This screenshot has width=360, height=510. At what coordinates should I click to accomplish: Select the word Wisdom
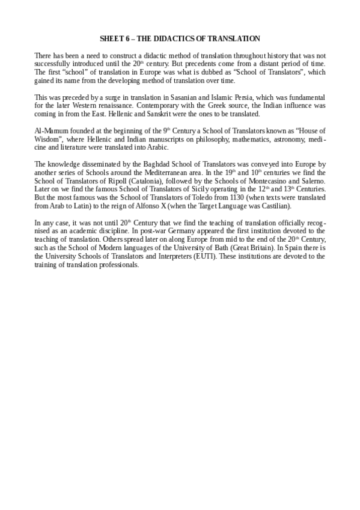(49, 138)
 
